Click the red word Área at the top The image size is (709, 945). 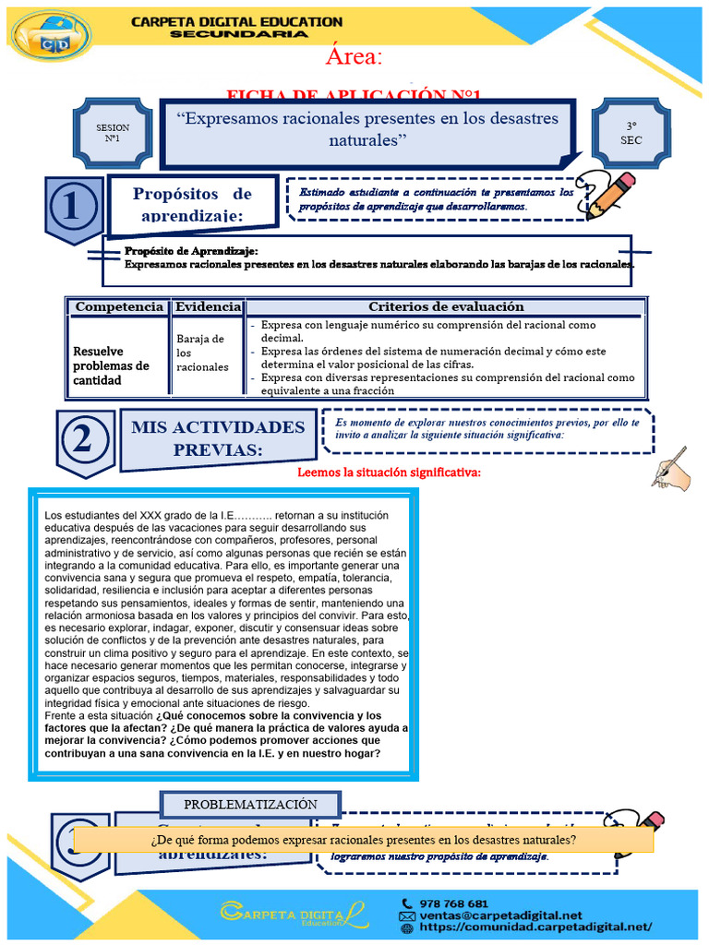pyautogui.click(x=353, y=56)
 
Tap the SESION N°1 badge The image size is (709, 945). pyautogui.click(x=113, y=133)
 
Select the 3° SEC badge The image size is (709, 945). pyautogui.click(x=631, y=133)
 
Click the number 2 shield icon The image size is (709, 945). pyautogui.click(x=85, y=441)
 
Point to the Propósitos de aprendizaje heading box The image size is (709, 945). pyautogui.click(x=192, y=204)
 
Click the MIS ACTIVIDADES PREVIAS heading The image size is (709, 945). pyautogui.click(x=218, y=437)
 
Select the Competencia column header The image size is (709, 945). pyautogui.click(x=119, y=306)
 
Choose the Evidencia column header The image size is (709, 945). pyautogui.click(x=209, y=306)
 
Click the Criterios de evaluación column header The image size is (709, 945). pyautogui.click(x=445, y=306)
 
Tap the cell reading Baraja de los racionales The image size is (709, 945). pyautogui.click(x=200, y=353)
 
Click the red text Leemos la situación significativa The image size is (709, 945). pyautogui.click(x=389, y=472)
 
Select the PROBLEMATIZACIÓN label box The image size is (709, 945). pyautogui.click(x=250, y=805)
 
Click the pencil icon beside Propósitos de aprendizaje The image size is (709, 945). pyautogui.click(x=609, y=195)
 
